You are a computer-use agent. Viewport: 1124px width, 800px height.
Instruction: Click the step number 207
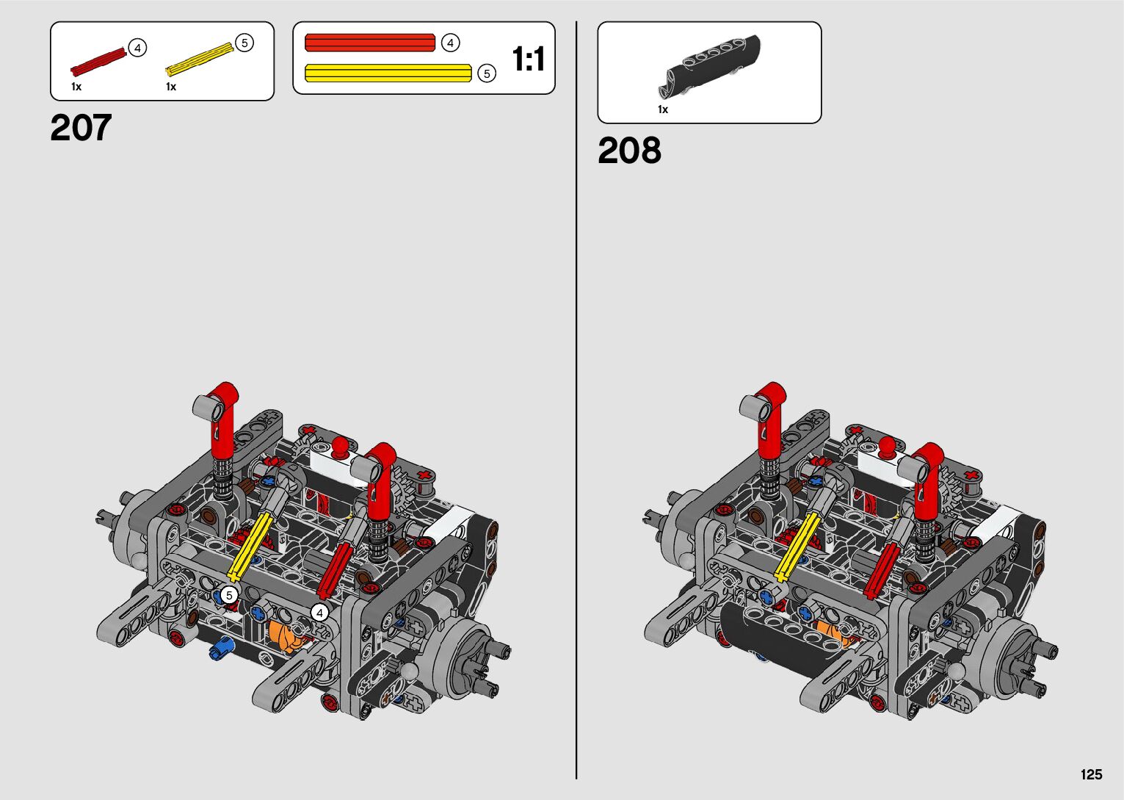pyautogui.click(x=81, y=128)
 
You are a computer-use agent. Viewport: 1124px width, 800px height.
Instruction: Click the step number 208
pyautogui.click(x=629, y=150)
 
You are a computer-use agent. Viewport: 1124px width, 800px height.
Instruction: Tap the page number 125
pyautogui.click(x=1092, y=774)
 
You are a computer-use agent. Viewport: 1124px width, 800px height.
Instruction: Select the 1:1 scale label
pyautogui.click(x=529, y=59)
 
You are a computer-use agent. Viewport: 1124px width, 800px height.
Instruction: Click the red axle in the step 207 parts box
pyautogui.click(x=99, y=62)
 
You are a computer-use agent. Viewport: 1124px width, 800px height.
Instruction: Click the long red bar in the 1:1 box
pyautogui.click(x=370, y=43)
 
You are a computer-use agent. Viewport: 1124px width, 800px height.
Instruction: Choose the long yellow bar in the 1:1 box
pyautogui.click(x=388, y=73)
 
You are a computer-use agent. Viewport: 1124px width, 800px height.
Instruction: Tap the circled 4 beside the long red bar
pyautogui.click(x=450, y=43)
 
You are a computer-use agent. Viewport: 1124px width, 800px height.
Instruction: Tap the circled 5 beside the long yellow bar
pyautogui.click(x=486, y=73)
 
